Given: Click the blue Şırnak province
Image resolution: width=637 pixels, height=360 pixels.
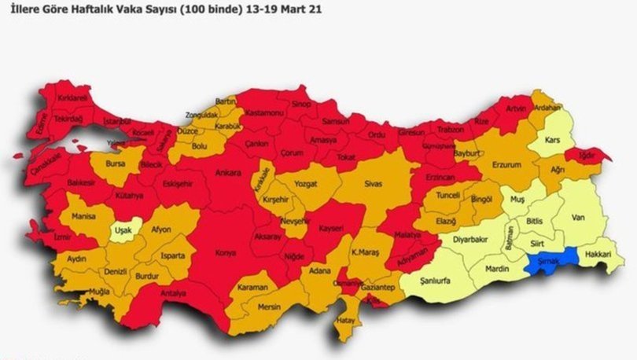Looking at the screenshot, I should coord(552,259).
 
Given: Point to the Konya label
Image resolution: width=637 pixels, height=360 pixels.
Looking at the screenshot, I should coord(226,253).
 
